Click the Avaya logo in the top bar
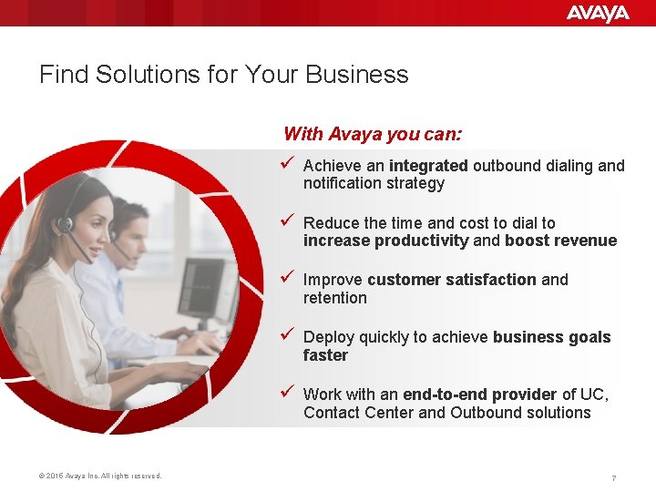point(597,13)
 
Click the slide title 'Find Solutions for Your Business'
point(223,74)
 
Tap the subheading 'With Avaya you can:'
point(373,134)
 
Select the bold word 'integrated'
point(427,166)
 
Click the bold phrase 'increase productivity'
point(386,241)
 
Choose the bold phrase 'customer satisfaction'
point(451,280)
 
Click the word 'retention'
point(334,298)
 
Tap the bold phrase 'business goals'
point(551,337)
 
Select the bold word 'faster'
point(325,355)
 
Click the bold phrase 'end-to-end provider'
point(479,395)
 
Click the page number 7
point(614,478)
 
